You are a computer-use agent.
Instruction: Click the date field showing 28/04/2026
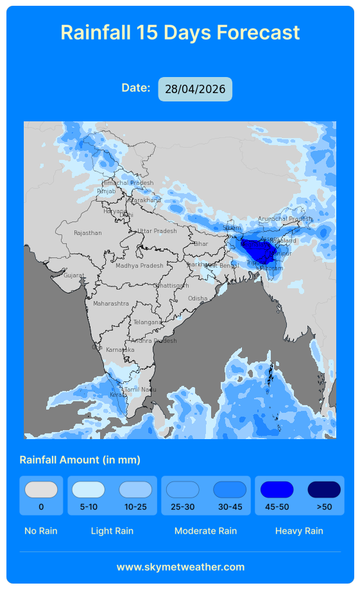195,89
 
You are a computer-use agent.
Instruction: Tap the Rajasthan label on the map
87,233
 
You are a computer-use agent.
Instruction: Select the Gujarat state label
73,275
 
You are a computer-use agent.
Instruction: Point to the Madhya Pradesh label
139,266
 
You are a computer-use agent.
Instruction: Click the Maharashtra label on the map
110,304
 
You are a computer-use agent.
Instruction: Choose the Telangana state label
148,322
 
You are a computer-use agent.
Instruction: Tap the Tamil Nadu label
140,390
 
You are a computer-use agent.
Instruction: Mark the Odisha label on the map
198,299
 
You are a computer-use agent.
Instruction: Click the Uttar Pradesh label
157,231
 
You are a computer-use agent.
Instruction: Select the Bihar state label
201,244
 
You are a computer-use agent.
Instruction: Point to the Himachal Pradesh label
128,183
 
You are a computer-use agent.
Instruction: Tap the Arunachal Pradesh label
284,219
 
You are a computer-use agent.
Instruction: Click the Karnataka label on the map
120,350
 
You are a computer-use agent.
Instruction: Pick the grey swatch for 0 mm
41,490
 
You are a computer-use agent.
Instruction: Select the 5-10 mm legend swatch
89,490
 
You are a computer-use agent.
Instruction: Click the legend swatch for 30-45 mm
230,490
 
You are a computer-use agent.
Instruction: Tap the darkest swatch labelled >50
324,490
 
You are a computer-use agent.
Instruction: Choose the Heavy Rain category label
299,531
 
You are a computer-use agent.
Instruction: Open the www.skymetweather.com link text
180,567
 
